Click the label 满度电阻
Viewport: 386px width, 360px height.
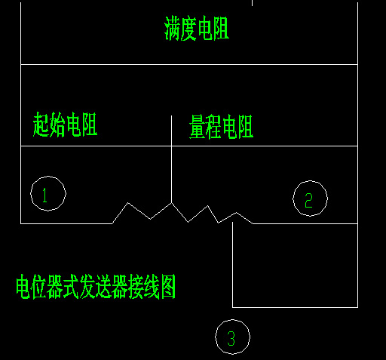(197, 28)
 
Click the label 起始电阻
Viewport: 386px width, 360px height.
(65, 125)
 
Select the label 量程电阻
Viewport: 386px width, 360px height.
(221, 127)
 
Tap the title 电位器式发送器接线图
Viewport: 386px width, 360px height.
(96, 287)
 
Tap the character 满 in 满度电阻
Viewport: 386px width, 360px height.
(172, 28)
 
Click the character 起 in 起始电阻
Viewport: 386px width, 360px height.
(41, 125)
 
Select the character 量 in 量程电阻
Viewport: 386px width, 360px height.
(197, 127)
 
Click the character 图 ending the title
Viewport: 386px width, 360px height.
(168, 287)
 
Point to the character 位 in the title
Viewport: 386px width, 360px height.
(40, 287)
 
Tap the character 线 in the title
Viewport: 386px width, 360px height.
(152, 287)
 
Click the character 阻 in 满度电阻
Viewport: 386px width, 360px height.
(222, 28)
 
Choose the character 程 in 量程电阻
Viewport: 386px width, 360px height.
(213, 127)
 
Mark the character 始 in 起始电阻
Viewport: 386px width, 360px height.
(57, 125)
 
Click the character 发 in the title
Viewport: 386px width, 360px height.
(87, 287)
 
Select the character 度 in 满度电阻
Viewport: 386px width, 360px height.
(188, 28)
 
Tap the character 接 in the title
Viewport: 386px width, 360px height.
(136, 287)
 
